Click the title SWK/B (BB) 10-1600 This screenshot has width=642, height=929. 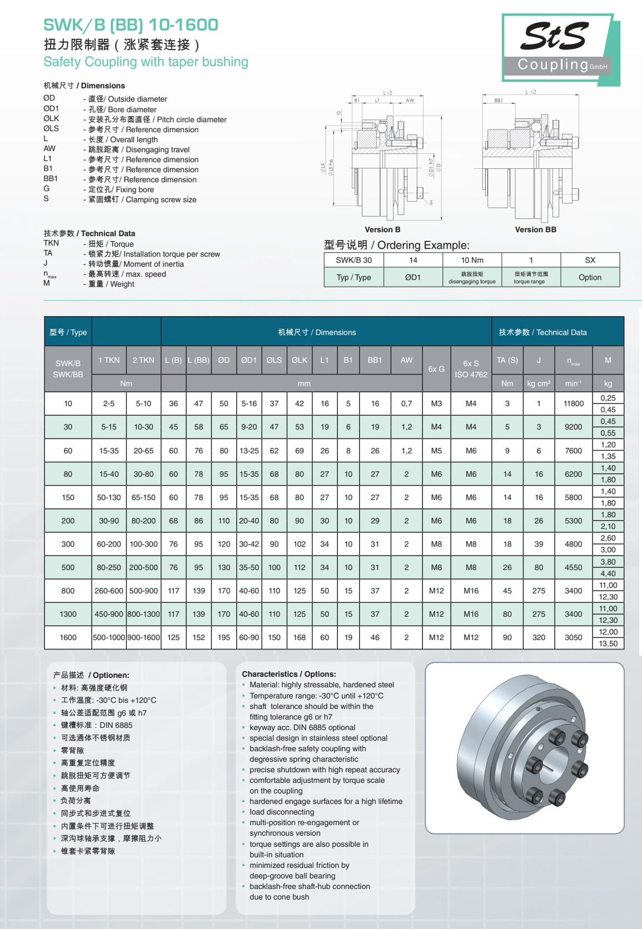pyautogui.click(x=131, y=25)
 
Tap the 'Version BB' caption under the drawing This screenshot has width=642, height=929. pyautogui.click(x=535, y=229)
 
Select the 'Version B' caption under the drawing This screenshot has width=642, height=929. pyautogui.click(x=382, y=229)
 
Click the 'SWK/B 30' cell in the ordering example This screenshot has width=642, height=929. pyautogui.click(x=354, y=260)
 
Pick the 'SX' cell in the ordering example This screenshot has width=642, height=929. pyautogui.click(x=590, y=260)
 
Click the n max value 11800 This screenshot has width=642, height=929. pyautogui.click(x=573, y=403)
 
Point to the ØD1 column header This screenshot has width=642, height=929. pyautogui.click(x=248, y=360)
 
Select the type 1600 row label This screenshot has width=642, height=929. pyautogui.click(x=68, y=637)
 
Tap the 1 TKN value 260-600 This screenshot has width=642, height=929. pyautogui.click(x=109, y=591)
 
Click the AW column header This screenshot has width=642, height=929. pyautogui.click(x=406, y=360)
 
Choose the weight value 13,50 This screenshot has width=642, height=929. pyautogui.click(x=608, y=643)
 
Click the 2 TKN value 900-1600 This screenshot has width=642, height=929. pyautogui.click(x=143, y=637)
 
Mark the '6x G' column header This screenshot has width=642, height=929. pyautogui.click(x=436, y=368)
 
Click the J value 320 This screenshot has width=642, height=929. pyautogui.click(x=538, y=637)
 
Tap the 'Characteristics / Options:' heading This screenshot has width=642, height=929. pyautogui.click(x=288, y=674)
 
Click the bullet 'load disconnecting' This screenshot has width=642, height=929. pyautogui.click(x=282, y=812)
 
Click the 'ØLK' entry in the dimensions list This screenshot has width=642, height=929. pyautogui.click(x=51, y=119)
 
